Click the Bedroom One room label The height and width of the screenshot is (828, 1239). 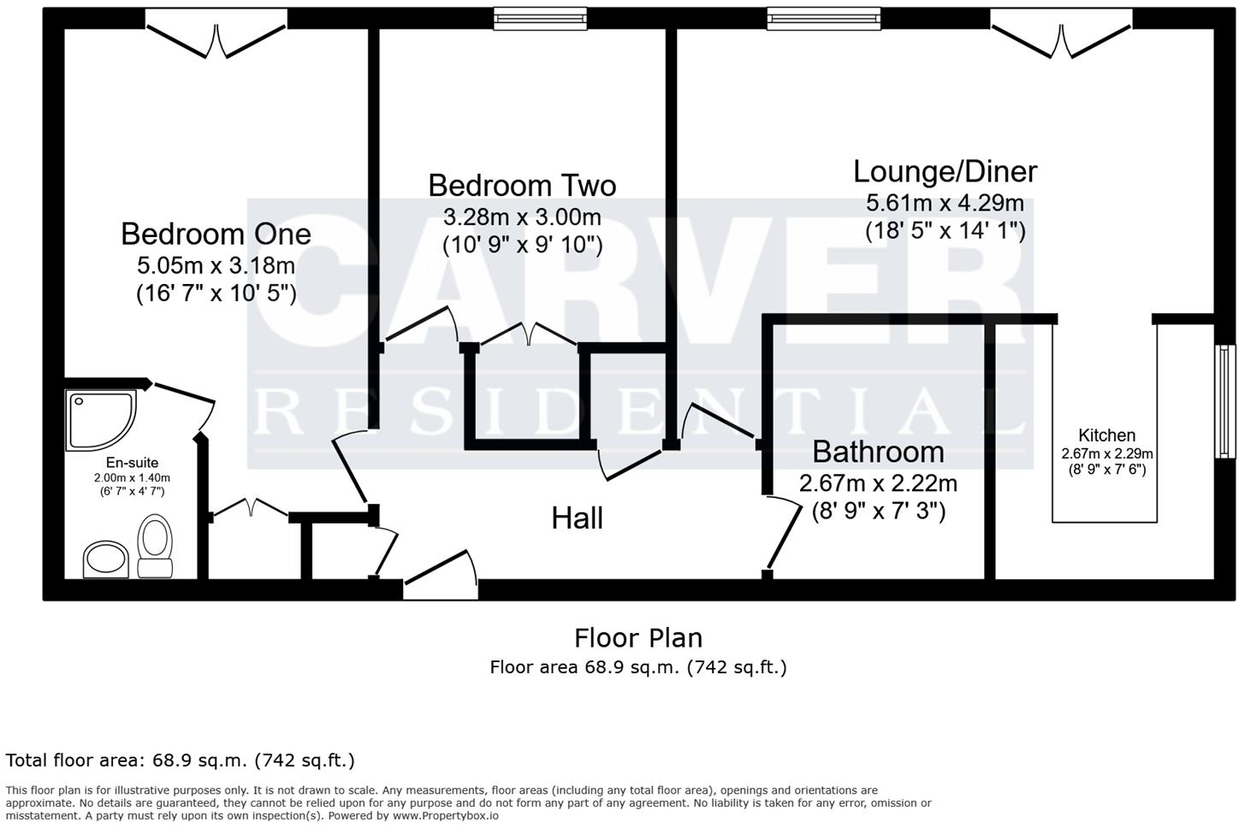pyautogui.click(x=216, y=234)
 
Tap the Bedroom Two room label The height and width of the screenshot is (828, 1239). pyautogui.click(x=522, y=186)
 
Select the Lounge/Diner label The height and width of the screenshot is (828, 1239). pyautogui.click(x=945, y=172)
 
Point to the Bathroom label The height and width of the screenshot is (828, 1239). pyautogui.click(x=878, y=452)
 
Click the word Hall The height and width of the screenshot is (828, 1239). pyautogui.click(x=578, y=518)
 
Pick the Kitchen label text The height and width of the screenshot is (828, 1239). pyautogui.click(x=1106, y=435)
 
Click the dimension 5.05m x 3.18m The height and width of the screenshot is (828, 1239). pyautogui.click(x=216, y=264)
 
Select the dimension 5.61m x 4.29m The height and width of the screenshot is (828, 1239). pyautogui.click(x=945, y=204)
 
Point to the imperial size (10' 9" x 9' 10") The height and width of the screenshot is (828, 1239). pyautogui.click(x=522, y=245)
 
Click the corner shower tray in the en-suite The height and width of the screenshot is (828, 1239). pyautogui.click(x=99, y=420)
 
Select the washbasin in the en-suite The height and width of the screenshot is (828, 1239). pyautogui.click(x=105, y=559)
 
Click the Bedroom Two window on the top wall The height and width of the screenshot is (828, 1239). pyautogui.click(x=542, y=19)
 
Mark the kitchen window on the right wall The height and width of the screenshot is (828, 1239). pyautogui.click(x=1225, y=401)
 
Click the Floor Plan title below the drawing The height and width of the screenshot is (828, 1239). pyautogui.click(x=637, y=638)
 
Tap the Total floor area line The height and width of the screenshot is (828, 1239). pyautogui.click(x=180, y=760)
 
